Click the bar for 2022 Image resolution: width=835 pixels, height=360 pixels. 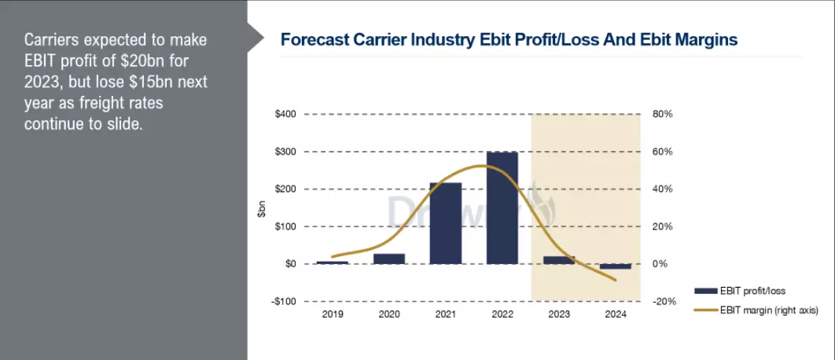502,208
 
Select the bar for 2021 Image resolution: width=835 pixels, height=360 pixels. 446,223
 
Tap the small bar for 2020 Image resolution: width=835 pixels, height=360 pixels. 389,259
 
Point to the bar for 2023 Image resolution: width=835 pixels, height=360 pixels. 559,260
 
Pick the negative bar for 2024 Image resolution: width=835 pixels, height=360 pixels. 616,266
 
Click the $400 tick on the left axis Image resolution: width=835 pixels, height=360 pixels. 285,115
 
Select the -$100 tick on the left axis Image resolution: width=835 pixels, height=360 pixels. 284,301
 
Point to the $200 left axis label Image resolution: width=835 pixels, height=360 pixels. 285,189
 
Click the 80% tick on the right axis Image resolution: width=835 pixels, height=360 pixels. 663,115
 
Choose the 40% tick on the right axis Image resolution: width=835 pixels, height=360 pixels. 663,189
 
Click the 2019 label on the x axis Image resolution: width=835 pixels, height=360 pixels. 333,314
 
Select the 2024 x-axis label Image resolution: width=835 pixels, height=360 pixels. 616,314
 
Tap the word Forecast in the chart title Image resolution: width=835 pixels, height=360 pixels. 313,39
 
